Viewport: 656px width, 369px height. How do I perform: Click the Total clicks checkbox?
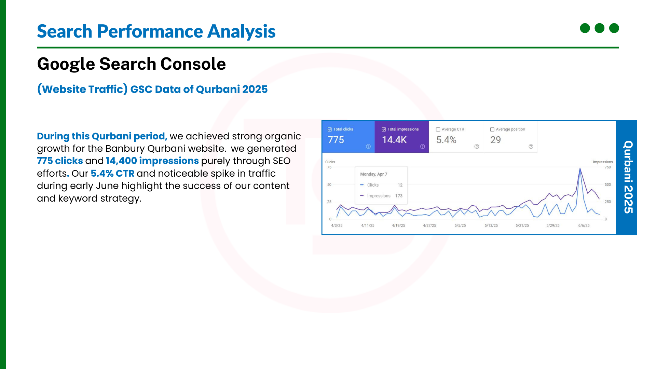point(330,129)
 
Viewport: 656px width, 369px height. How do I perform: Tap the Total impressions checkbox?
point(384,129)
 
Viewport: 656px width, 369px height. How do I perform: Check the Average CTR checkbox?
point(438,129)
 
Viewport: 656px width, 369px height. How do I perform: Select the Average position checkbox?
point(492,129)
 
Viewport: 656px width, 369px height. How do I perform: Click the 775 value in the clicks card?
point(336,140)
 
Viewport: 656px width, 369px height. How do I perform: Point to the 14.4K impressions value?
point(394,140)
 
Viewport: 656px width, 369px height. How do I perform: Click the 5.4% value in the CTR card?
point(446,140)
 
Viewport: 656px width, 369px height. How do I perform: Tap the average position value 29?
point(495,140)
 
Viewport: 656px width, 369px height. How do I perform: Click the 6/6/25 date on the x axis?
point(584,225)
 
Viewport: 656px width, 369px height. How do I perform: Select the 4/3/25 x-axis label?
point(337,225)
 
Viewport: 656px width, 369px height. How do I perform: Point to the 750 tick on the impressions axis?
point(607,167)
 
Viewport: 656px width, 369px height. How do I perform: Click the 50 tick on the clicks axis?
point(329,184)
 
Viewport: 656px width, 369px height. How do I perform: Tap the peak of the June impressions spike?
point(580,168)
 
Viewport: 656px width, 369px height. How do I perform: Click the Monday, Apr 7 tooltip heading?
point(374,174)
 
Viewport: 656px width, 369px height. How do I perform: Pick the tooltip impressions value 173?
point(399,196)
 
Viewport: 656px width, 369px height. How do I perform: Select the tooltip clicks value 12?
point(400,185)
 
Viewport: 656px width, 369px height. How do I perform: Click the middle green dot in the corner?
point(599,28)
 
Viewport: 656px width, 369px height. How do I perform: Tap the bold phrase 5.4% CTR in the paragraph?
point(113,173)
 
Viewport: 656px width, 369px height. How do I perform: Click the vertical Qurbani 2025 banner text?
point(628,177)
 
